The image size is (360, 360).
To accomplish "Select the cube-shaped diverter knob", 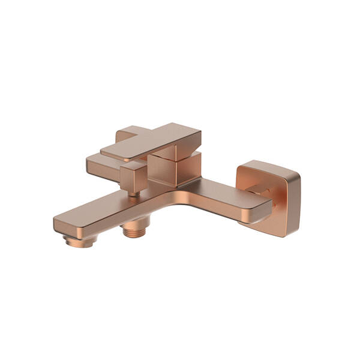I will pos(133,175).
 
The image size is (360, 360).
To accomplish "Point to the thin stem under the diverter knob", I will pos(135,193).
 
